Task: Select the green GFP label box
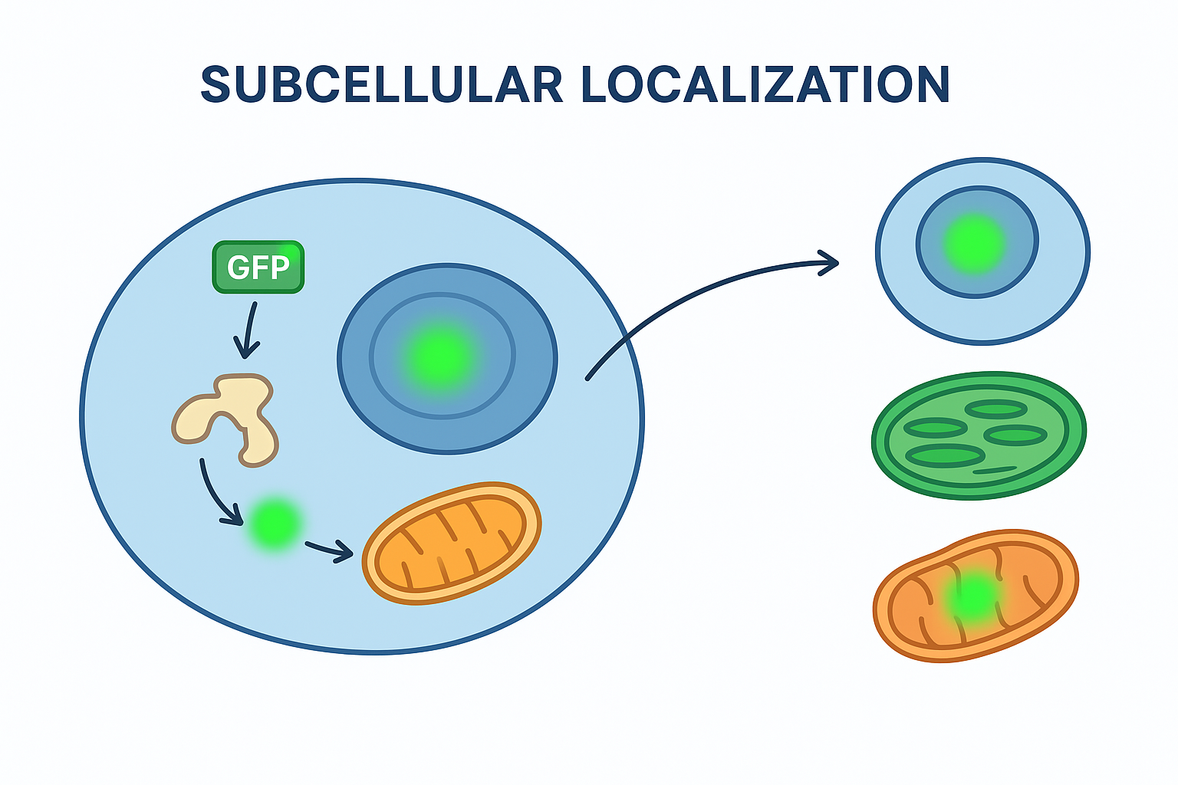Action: click(x=258, y=267)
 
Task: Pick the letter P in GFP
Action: click(x=279, y=268)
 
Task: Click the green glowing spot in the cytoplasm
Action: click(x=274, y=524)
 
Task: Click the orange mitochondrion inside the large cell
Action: click(x=452, y=544)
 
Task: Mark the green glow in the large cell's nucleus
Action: click(x=443, y=356)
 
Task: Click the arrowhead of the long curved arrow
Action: click(x=830, y=263)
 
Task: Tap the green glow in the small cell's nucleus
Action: click(x=975, y=242)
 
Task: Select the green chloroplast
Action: click(x=979, y=435)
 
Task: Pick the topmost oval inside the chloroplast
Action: click(x=995, y=409)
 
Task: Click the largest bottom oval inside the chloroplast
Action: click(x=945, y=456)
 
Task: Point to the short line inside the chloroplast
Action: click(x=995, y=470)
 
